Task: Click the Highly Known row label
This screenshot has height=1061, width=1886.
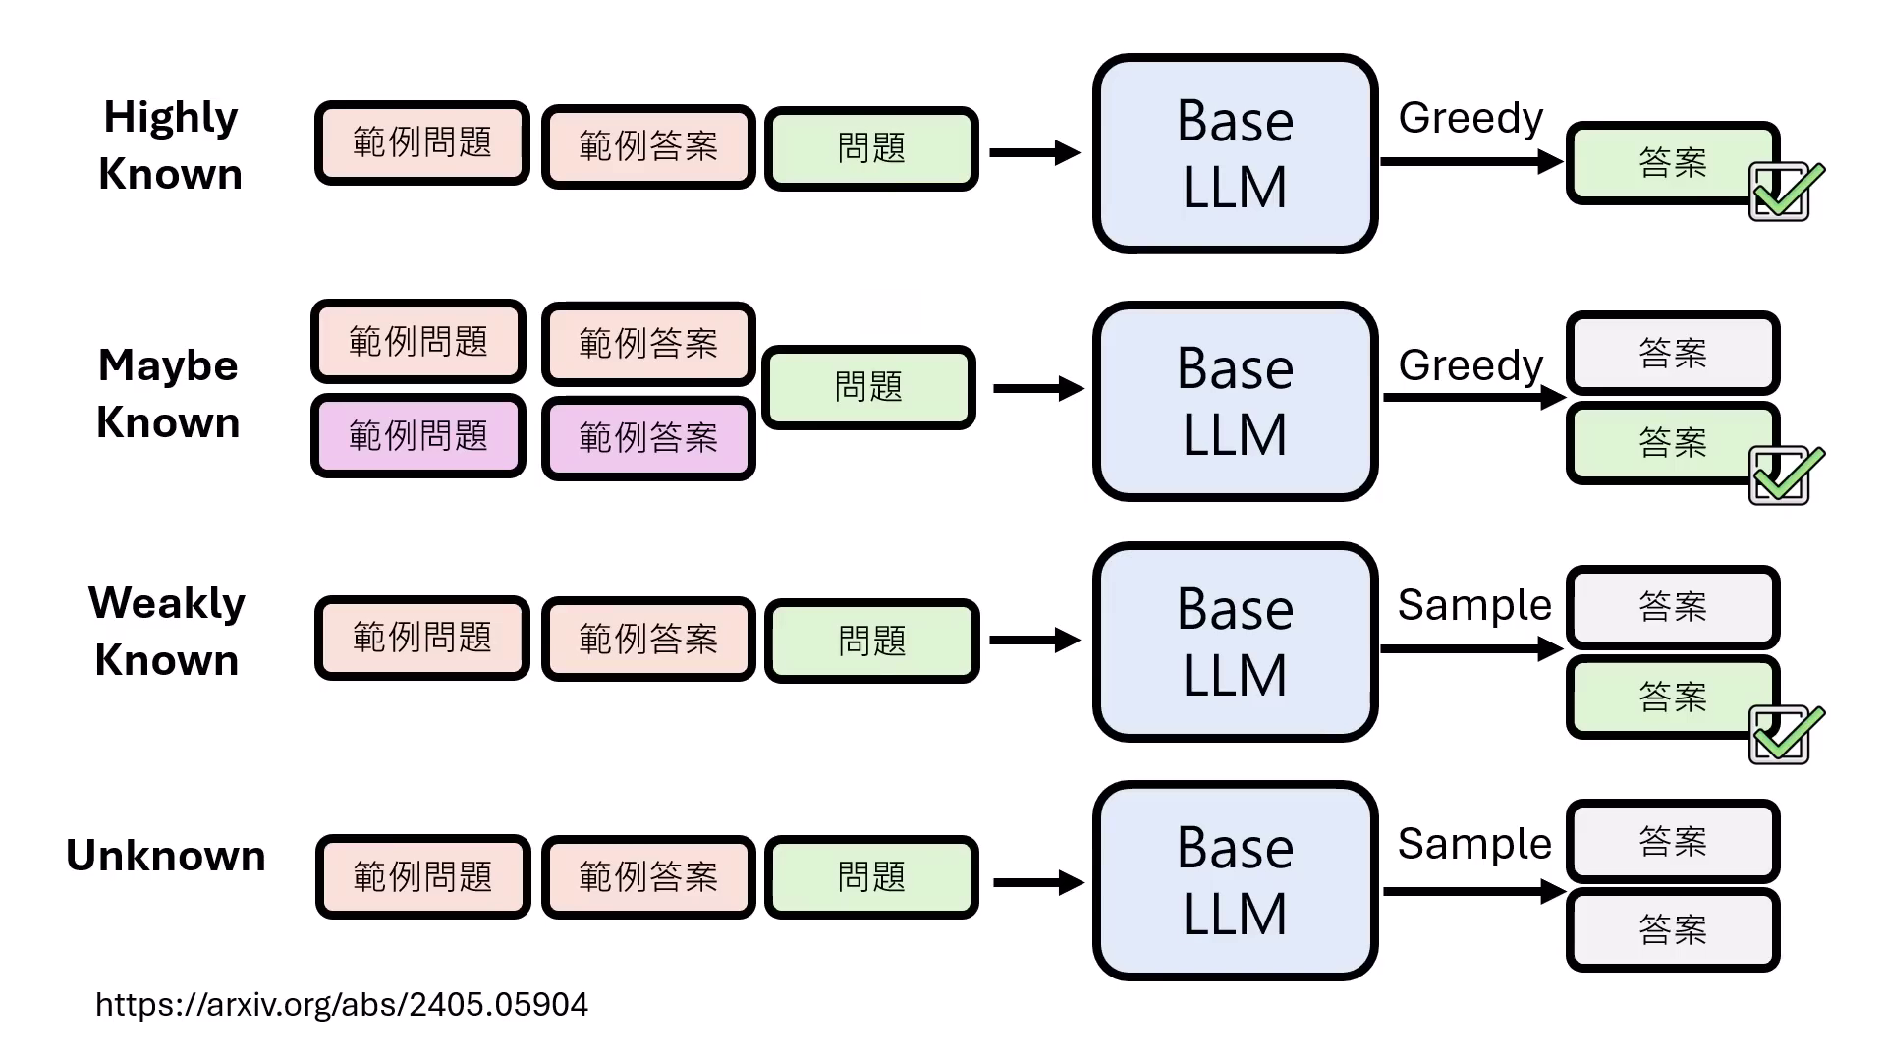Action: pos(170,145)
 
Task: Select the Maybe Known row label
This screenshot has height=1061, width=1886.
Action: pos(168,393)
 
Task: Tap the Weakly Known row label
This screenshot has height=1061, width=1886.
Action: pos(167,631)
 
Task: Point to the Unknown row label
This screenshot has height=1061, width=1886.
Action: pos(166,856)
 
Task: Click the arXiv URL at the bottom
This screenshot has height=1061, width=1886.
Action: pos(341,1004)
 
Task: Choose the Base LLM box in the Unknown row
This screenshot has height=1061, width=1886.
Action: pos(1235,880)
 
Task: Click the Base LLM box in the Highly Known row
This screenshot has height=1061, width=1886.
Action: pos(1235,153)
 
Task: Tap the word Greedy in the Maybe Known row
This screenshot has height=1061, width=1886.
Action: pos(1470,364)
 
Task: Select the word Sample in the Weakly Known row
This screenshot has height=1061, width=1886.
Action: pos(1473,604)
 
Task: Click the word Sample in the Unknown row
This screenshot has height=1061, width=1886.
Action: pos(1473,843)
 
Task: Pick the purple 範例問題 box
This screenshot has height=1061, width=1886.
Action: pos(418,435)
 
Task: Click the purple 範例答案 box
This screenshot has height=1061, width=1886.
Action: pos(648,437)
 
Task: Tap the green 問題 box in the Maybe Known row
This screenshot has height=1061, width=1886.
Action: pos(868,386)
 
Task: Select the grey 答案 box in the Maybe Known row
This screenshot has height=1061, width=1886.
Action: pos(1672,352)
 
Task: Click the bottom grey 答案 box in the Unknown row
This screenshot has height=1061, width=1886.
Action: pos(1672,928)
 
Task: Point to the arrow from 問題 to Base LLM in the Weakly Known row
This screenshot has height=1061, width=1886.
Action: pos(1033,641)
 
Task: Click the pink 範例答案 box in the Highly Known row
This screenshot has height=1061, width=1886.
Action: pos(648,146)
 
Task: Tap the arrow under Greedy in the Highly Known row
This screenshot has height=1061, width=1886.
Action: pos(1470,161)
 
